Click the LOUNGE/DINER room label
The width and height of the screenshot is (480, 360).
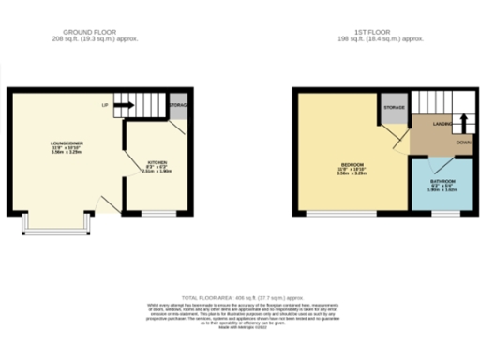pyautogui.click(x=67, y=143)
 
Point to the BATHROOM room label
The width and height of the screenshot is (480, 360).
pyautogui.click(x=442, y=181)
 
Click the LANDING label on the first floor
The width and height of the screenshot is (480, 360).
pyautogui.click(x=442, y=123)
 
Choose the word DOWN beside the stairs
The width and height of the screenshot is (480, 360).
pyautogui.click(x=463, y=142)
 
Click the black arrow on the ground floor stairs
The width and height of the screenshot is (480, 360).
pyautogui.click(x=123, y=105)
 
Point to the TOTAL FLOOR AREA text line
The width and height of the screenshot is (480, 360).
pyautogui.click(x=240, y=294)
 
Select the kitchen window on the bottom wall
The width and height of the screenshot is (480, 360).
pyautogui.click(x=157, y=215)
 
